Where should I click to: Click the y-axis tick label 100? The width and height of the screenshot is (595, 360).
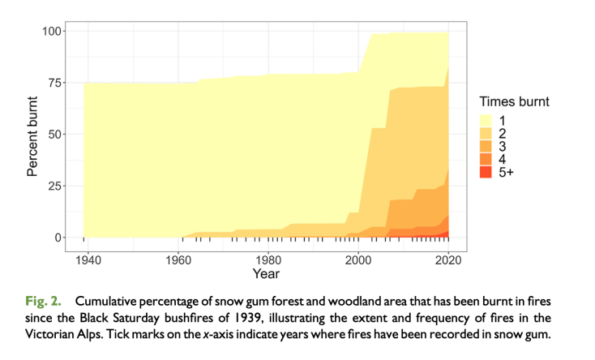[x=54, y=31]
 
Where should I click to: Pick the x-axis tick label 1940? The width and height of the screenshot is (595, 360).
[x=88, y=259]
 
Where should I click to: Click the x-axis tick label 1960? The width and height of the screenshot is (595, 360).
[x=178, y=259]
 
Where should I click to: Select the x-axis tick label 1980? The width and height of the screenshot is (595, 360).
[x=268, y=259]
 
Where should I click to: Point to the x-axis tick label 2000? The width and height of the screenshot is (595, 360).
[x=358, y=259]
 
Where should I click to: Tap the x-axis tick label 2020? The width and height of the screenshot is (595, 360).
[x=448, y=259]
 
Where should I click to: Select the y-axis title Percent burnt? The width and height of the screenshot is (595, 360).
[x=32, y=134]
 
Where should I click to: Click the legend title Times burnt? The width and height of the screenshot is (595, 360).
[x=514, y=102]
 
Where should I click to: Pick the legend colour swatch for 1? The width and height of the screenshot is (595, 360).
[x=486, y=120]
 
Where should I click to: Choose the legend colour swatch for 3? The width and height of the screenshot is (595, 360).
[x=486, y=146]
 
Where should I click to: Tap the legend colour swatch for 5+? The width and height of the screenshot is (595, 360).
[x=486, y=172]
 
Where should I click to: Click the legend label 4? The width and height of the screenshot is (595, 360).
[x=503, y=159]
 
